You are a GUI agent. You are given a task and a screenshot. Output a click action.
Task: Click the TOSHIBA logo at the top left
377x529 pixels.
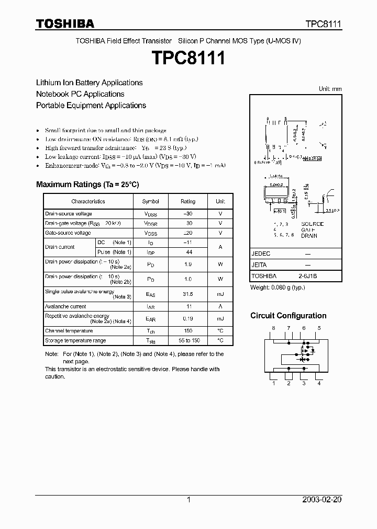(65, 24)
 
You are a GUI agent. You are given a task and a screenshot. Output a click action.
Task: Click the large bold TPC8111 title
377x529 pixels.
(188, 58)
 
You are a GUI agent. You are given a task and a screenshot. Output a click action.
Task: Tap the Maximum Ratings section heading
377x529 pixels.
(87, 185)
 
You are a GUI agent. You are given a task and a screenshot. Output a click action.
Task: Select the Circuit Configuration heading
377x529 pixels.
(288, 316)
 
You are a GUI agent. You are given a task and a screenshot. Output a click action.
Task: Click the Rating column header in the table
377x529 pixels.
(187, 201)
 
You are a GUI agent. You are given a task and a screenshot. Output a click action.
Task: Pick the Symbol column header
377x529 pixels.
(151, 201)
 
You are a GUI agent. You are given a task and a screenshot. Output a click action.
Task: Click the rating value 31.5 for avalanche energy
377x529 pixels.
(187, 294)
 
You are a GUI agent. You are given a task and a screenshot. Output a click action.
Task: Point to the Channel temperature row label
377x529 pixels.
(69, 331)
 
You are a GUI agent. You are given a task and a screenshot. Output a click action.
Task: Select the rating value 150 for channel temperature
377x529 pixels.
(187, 331)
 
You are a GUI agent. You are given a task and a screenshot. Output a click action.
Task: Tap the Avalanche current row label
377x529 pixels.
(65, 306)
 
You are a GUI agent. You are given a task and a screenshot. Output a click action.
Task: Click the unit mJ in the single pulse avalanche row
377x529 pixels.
(220, 294)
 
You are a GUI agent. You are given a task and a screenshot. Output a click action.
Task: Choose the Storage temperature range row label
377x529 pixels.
(75, 340)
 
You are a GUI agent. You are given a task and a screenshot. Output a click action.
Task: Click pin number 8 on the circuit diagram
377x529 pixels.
(273, 328)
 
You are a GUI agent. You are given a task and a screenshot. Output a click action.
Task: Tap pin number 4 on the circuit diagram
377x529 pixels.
(319, 383)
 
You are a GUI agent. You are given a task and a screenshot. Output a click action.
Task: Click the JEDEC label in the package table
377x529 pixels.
(261, 253)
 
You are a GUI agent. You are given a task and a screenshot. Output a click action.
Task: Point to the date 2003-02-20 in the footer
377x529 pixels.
(321, 500)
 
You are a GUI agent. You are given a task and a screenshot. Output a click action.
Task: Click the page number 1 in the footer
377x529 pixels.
(188, 500)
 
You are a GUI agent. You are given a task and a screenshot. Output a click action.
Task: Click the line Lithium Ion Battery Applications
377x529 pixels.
(89, 83)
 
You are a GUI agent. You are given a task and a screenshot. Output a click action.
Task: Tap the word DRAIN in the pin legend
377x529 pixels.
(309, 236)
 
